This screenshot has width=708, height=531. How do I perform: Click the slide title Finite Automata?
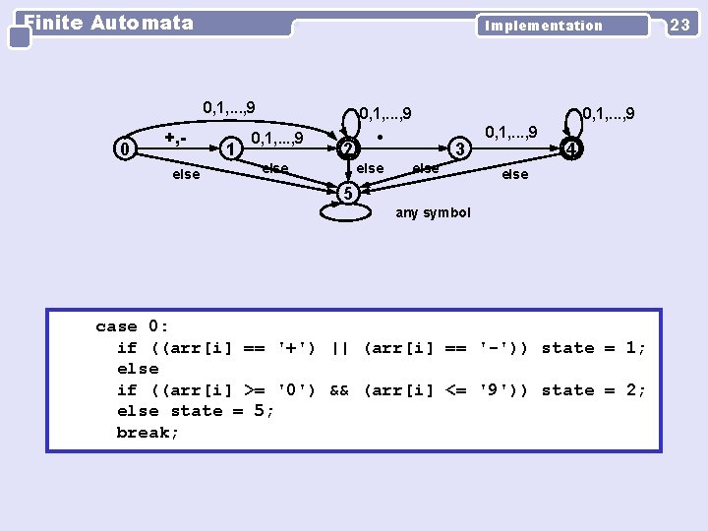pos(108,23)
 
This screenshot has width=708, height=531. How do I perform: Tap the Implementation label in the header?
pos(543,26)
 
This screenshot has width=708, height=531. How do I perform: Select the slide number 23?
pos(679,26)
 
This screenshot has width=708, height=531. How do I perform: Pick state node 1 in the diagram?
pos(230,148)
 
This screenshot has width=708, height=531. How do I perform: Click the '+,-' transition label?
pos(177,136)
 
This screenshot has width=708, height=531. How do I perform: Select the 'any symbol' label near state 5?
pos(433,212)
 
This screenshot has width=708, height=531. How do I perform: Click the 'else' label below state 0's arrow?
pos(186,175)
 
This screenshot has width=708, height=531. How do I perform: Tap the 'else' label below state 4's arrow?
pos(514,174)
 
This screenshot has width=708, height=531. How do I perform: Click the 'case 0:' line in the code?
pos(132,326)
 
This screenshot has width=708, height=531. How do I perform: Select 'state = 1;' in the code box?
pos(594,348)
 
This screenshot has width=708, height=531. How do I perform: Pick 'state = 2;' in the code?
pos(594,390)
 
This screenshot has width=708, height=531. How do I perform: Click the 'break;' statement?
pos(147,433)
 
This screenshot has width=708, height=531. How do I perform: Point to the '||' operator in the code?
pos(340,348)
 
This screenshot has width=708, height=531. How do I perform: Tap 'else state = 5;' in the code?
pos(196,411)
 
